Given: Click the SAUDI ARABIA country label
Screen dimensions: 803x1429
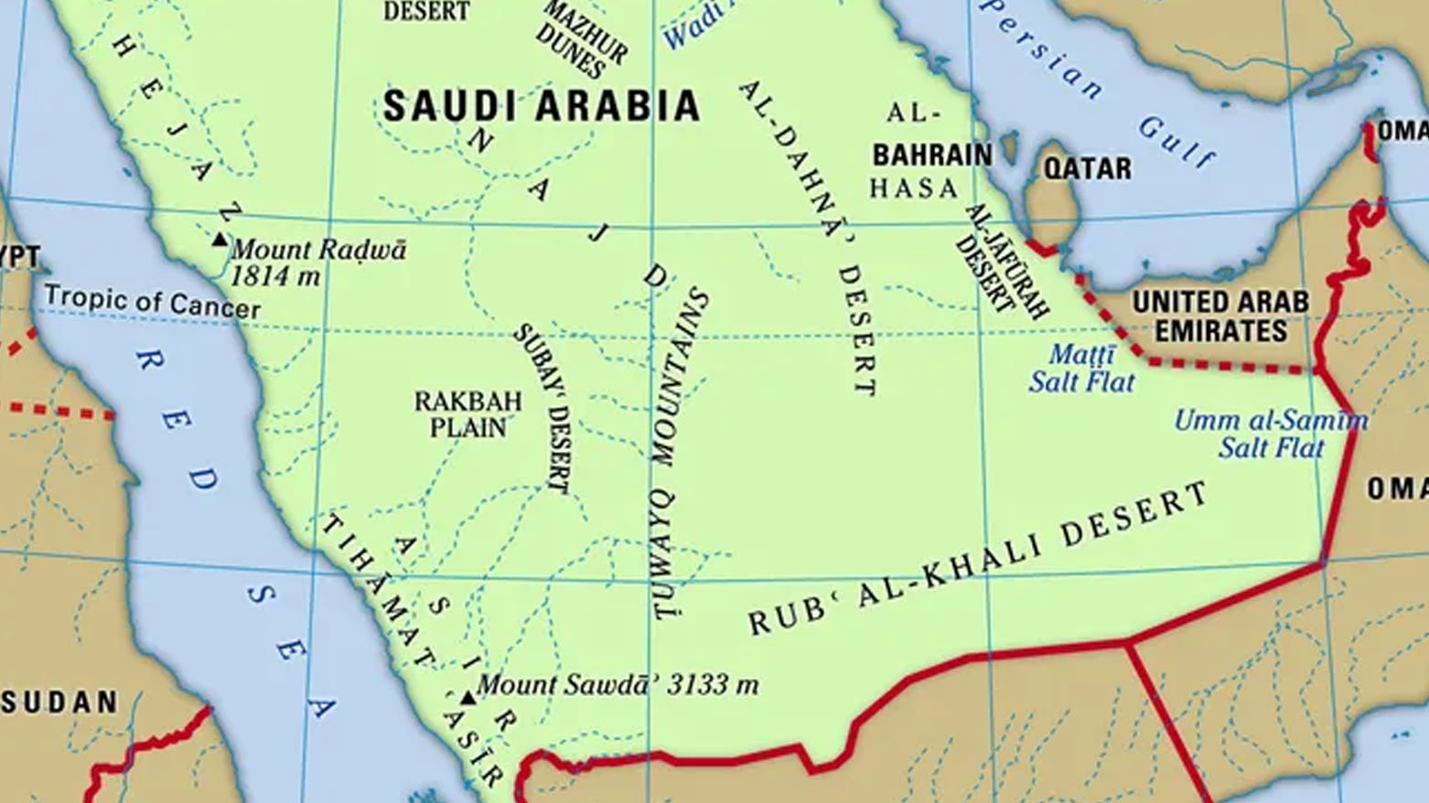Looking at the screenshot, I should pos(541,106).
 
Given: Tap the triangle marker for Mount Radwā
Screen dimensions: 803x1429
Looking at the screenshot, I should pos(219,240).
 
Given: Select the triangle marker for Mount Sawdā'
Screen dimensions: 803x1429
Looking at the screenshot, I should pos(467,698).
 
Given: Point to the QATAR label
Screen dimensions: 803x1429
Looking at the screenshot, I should pos(1087,168).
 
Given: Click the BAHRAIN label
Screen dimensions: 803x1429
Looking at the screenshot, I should pos(931,155).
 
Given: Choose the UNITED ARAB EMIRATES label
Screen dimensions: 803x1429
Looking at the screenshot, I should pos(1220,316).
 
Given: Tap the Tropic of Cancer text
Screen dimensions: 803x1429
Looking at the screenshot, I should pos(152,301).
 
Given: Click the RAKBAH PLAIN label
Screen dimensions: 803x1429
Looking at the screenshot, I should pos(467,414).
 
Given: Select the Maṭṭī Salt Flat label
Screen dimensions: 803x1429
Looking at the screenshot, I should pos(1081,368).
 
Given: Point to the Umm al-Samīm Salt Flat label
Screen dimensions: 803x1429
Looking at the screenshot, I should pos(1271,434).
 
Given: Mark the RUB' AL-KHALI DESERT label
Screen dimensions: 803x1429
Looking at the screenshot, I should pos(979,559).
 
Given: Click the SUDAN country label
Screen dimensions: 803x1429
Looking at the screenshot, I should pos(59,702).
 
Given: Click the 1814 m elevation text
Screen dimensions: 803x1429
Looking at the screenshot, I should pos(275,276).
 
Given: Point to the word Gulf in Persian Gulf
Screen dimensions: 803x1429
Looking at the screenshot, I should pos(1177,143).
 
